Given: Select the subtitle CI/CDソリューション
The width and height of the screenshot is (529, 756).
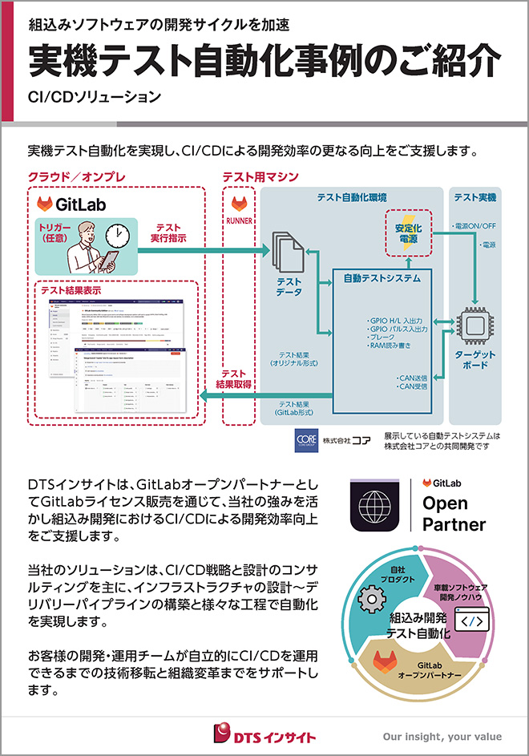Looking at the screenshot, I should coord(94,99).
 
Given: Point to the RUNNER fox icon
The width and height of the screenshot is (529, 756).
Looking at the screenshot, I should coord(239,204).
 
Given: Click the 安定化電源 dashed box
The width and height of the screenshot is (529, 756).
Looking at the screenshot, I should coord(410,232).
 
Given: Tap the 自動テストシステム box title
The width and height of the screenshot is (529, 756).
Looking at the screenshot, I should coord(382,278).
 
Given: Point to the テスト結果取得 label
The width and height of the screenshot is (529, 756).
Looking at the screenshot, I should coord(234,379).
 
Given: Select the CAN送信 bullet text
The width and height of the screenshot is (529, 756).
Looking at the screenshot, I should coord(413,377).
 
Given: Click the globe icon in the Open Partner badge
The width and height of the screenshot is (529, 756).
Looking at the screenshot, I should coord(374,508).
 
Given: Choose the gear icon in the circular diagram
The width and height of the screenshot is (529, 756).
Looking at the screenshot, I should coord(369,598).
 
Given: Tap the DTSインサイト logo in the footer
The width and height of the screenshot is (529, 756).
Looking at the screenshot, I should coord(264,734).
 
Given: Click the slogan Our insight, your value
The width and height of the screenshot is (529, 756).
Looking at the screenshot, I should coord(442,736).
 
